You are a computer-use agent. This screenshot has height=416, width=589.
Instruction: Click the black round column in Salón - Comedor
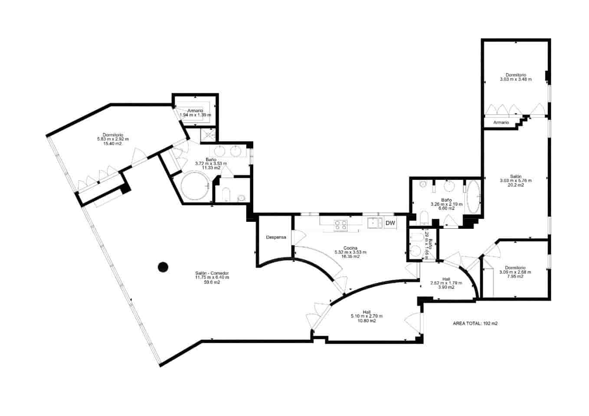pyautogui.click(x=163, y=267)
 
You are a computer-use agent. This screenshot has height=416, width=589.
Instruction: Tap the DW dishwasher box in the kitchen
pyautogui.click(x=390, y=223)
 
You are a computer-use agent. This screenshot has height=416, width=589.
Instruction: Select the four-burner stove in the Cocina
pyautogui.click(x=340, y=224)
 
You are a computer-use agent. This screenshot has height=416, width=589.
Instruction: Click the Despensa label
pyautogui.click(x=276, y=237)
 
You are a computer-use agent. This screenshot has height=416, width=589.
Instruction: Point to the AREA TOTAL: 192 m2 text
pyautogui.click(x=475, y=323)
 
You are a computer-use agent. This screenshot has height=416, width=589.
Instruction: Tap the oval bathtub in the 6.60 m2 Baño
pyautogui.click(x=473, y=197)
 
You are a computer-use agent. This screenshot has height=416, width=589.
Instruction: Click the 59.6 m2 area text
pyautogui.click(x=212, y=282)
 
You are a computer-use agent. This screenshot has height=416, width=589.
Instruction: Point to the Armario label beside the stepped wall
pyautogui.click(x=501, y=123)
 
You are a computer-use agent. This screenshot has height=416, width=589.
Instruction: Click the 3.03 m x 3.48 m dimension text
pyautogui.click(x=515, y=79)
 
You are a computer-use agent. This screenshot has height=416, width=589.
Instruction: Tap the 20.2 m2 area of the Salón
pyautogui.click(x=515, y=185)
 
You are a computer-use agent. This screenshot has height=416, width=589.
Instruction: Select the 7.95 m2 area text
pyautogui.click(x=515, y=276)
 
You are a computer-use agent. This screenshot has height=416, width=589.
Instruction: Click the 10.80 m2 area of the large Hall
pyautogui.click(x=366, y=321)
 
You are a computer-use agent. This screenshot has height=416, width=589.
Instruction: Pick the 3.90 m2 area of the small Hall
pyautogui.click(x=446, y=287)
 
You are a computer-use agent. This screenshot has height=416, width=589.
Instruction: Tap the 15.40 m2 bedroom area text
pyautogui.click(x=112, y=143)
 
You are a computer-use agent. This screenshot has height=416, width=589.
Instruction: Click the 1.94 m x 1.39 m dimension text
pyautogui.click(x=196, y=115)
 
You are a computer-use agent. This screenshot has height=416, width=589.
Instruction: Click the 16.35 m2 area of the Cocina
pyautogui.click(x=350, y=257)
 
